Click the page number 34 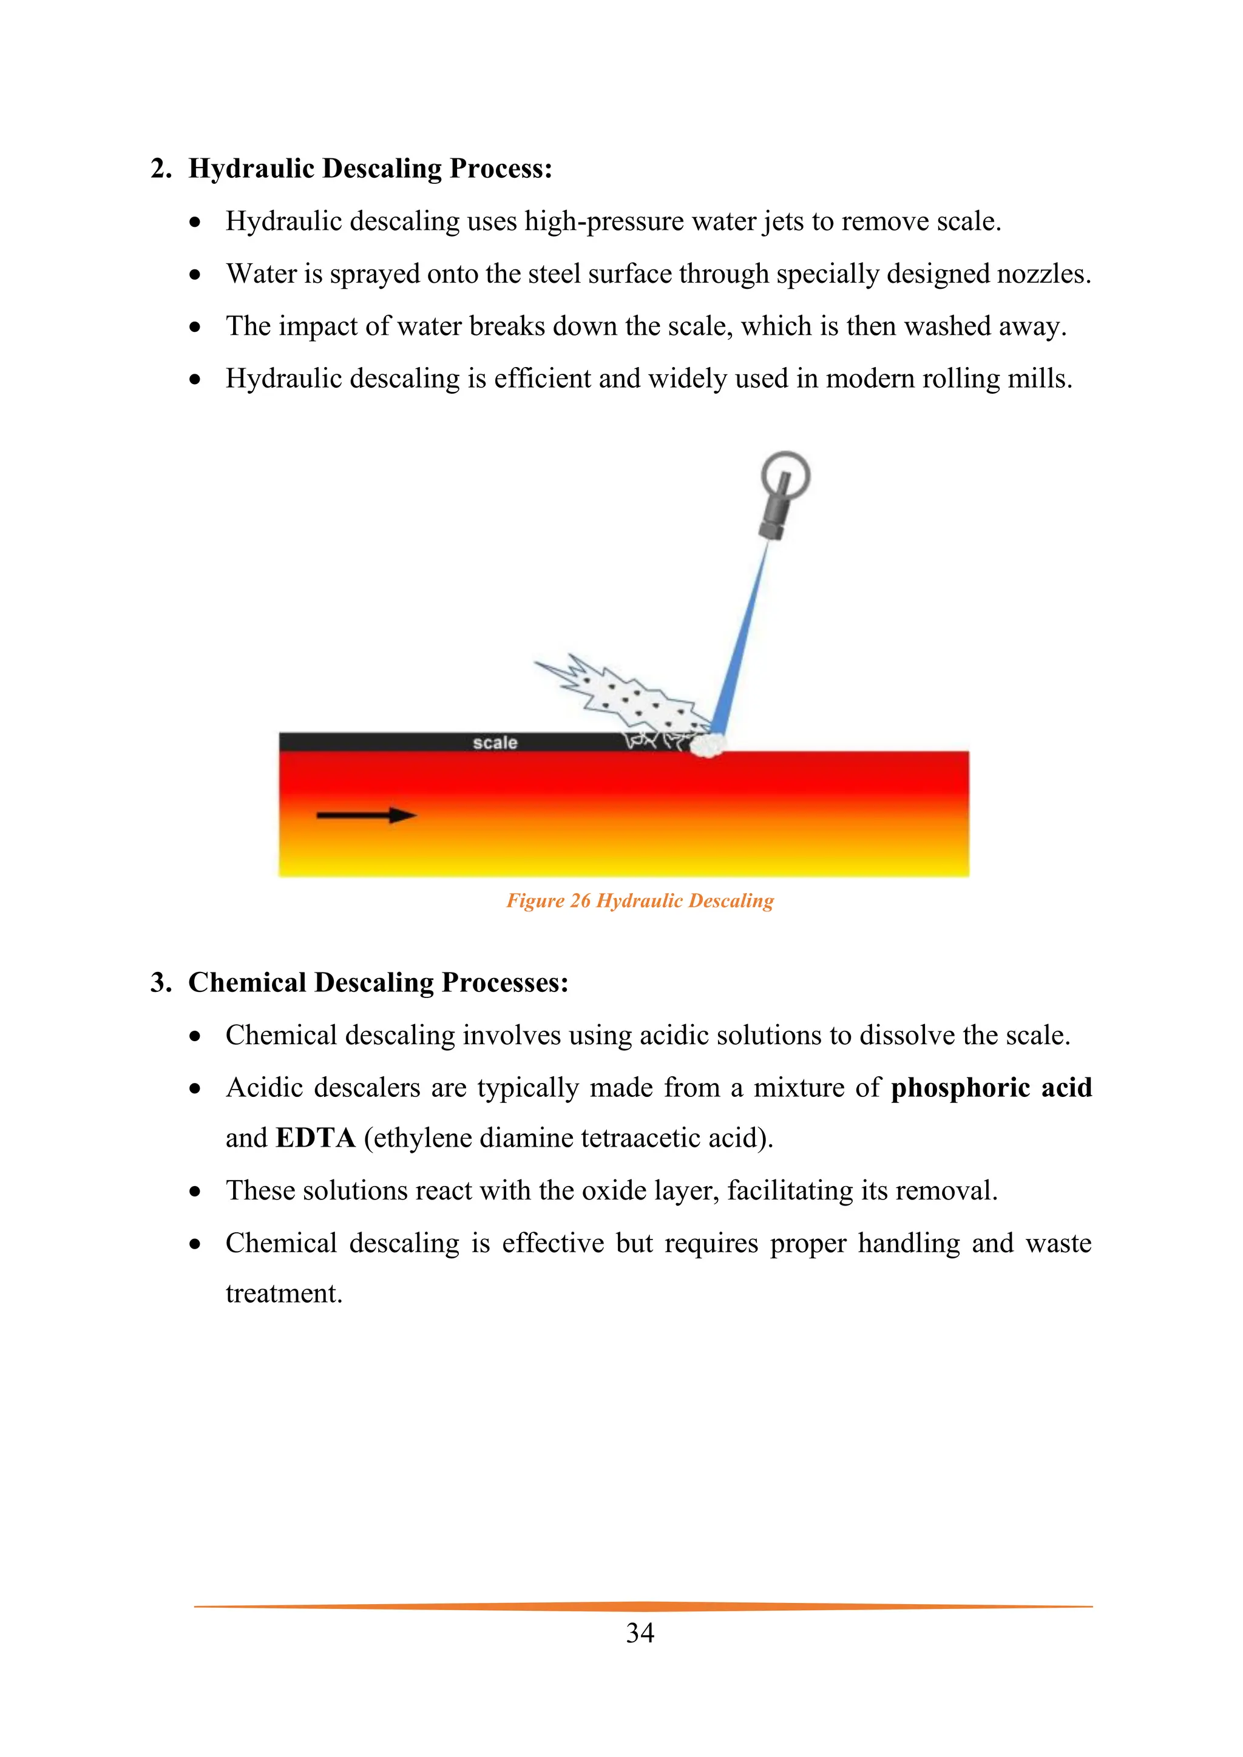[640, 1633]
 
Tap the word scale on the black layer [495, 742]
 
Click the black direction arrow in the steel [366, 816]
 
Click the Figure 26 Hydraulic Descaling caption [640, 901]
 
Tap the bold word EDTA [316, 1138]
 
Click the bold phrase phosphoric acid [991, 1087]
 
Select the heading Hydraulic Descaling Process [370, 168]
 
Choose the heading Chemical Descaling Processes [378, 983]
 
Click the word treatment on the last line [283, 1293]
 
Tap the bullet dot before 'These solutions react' [195, 1192]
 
